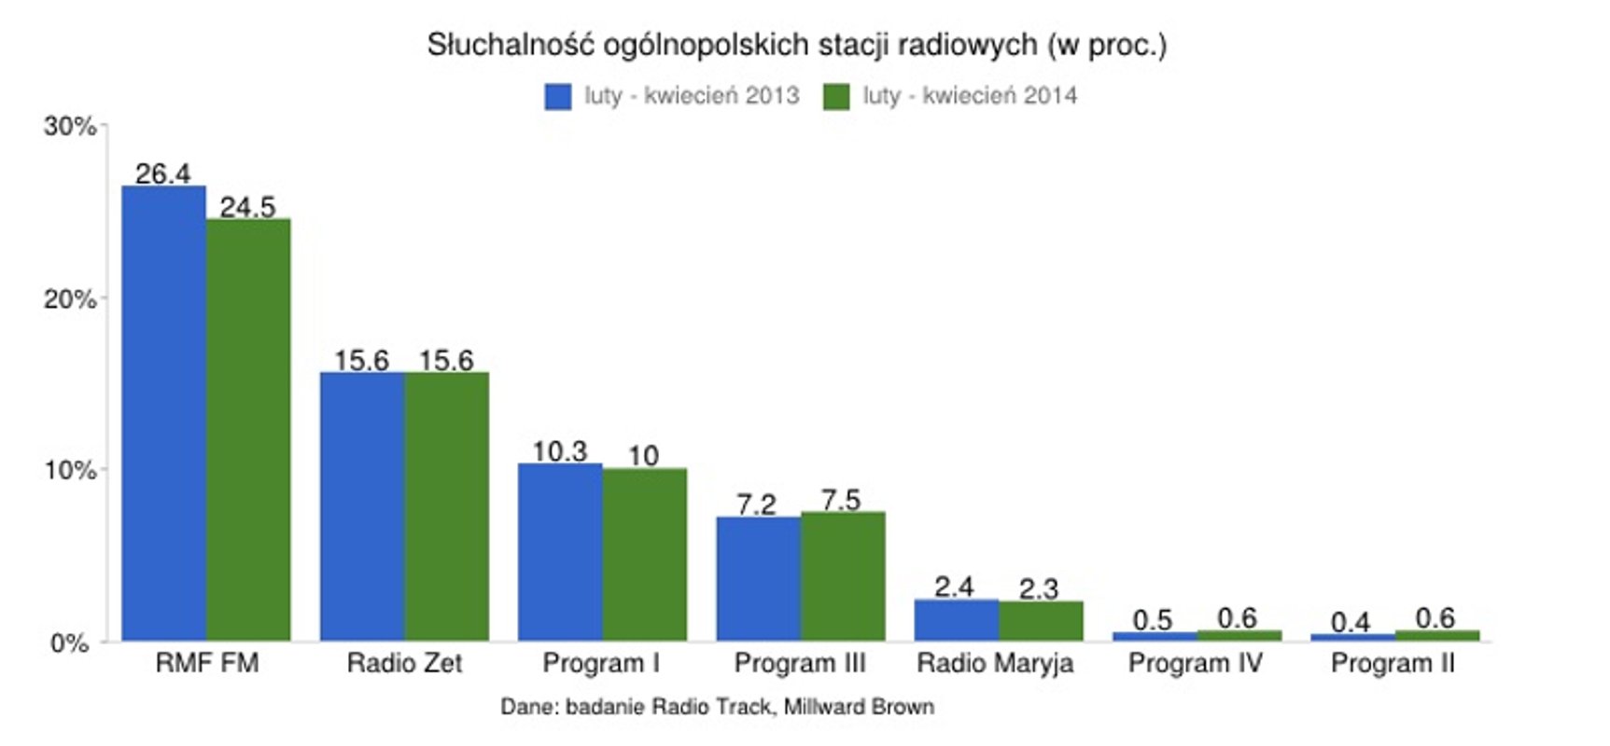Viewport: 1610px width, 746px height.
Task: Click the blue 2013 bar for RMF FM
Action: point(163,413)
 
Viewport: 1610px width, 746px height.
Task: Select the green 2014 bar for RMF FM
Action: point(248,429)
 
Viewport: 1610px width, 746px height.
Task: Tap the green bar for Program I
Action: point(644,554)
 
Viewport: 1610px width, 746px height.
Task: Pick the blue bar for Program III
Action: point(758,578)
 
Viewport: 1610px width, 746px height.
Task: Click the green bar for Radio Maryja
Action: point(1041,620)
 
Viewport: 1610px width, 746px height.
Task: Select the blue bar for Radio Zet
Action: point(362,506)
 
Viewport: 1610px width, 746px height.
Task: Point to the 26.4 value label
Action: point(162,173)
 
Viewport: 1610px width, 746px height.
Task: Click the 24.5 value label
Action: point(247,207)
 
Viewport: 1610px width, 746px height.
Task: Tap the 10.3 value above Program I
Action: point(559,451)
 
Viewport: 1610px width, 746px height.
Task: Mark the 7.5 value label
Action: point(841,500)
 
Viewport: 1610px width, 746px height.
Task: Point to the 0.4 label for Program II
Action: point(1350,622)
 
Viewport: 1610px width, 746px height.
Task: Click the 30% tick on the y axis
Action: point(69,126)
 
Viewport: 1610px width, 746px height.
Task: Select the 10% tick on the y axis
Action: point(69,470)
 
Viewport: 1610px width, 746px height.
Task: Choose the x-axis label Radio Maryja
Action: point(995,663)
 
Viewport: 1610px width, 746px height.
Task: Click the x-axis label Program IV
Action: point(1195,663)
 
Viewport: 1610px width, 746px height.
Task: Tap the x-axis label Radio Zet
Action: point(404,663)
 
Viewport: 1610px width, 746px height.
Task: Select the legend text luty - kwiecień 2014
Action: point(969,95)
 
